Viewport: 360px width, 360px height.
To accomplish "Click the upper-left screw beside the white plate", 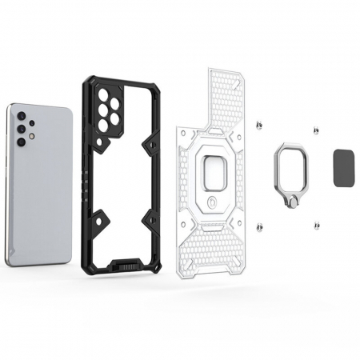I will coord(259,126).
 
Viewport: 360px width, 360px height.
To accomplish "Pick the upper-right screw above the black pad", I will coord(317,130).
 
